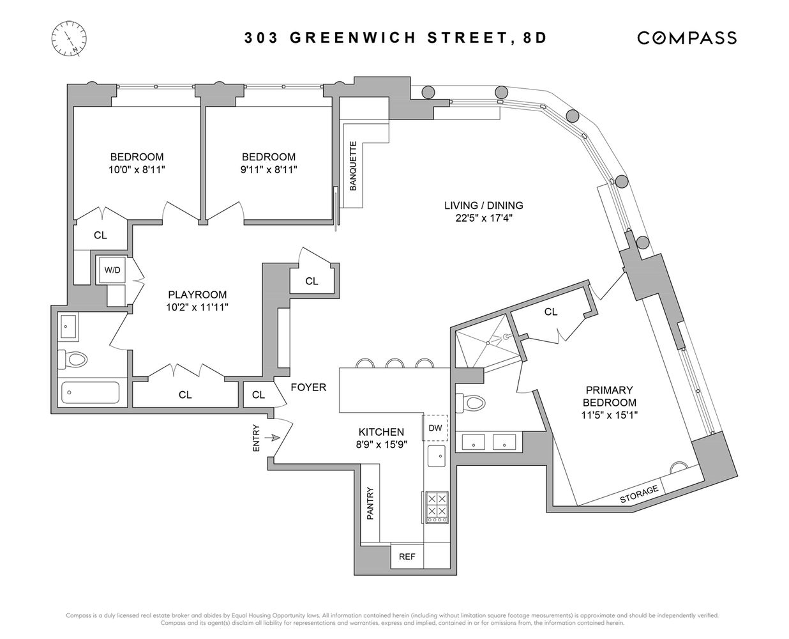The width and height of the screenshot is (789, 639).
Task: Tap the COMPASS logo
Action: (687, 38)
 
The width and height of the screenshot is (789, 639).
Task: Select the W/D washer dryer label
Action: (112, 270)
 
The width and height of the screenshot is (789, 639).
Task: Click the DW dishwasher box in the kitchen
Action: (435, 427)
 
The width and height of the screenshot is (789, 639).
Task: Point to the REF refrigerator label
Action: (407, 557)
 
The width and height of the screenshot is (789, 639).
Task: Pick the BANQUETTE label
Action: (352, 166)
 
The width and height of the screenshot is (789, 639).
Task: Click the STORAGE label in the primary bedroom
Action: (639, 494)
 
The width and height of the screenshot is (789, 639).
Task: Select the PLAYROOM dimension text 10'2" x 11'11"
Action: (198, 307)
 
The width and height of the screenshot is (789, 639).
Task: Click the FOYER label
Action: (308, 387)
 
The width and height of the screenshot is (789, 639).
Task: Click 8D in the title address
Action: (535, 38)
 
